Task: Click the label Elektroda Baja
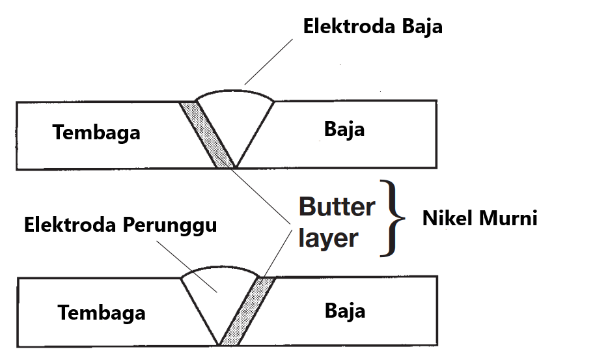[x=373, y=27]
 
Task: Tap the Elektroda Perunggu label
[x=120, y=225]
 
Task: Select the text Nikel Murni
[x=480, y=218]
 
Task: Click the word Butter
[x=337, y=207]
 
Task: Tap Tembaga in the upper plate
[x=96, y=132]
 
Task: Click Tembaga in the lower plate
[x=101, y=312]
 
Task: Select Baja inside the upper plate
[x=344, y=129]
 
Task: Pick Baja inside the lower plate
[x=345, y=311]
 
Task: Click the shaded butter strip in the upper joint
[x=207, y=133]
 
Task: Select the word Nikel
[x=447, y=218]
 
